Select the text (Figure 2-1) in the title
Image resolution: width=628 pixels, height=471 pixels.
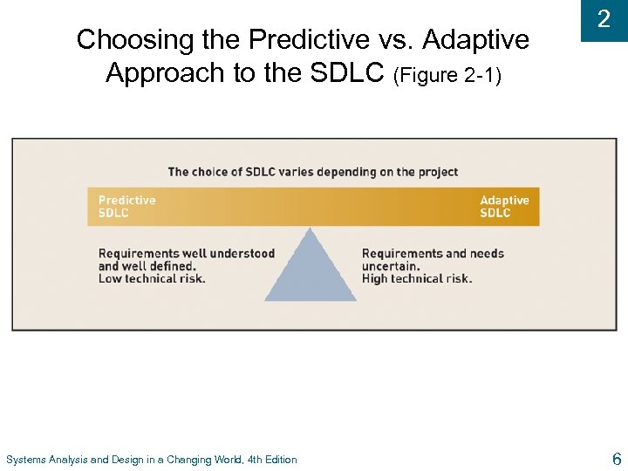pos(447,75)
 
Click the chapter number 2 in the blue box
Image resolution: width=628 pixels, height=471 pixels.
pos(603,20)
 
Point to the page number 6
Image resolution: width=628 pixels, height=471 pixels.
pos(617,459)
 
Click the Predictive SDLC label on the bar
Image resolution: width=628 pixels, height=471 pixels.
pos(127,207)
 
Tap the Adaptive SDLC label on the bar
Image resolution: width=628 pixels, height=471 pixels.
pos(504,207)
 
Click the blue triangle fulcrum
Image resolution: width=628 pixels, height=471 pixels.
pos(311,270)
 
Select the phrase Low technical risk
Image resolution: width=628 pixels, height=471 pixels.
pos(152,279)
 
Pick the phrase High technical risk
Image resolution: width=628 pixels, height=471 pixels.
pos(417,279)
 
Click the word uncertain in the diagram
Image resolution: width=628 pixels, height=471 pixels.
pos(391,266)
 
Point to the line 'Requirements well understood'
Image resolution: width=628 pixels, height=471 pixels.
pos(187,254)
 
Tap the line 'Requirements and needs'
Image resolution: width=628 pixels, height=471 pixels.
pos(433,254)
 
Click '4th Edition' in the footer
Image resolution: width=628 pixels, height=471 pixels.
pos(272,460)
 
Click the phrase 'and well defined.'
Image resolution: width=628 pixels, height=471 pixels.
pos(147,266)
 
